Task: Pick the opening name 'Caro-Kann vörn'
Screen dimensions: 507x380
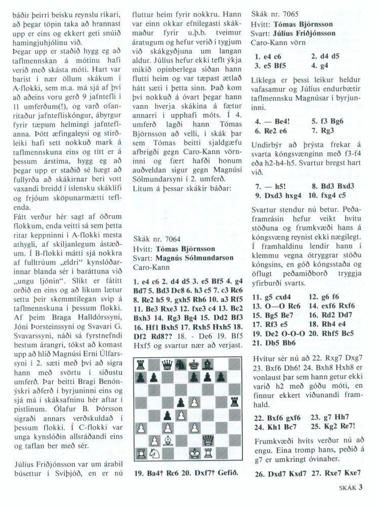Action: tap(279, 42)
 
